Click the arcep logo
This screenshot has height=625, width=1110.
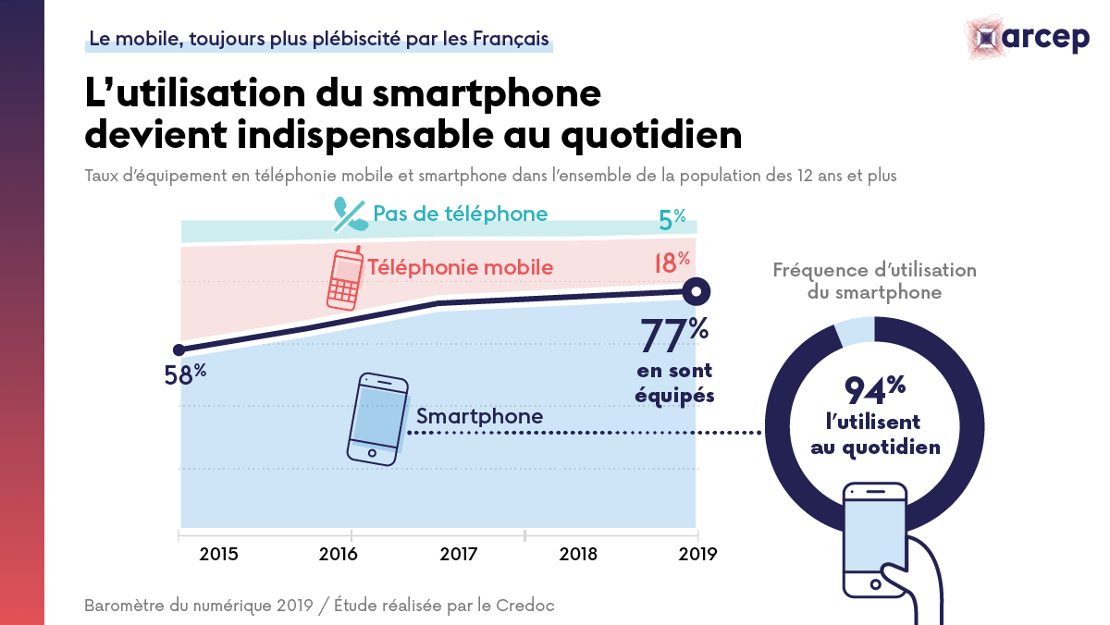(x=1027, y=37)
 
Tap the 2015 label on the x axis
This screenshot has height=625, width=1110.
(x=218, y=555)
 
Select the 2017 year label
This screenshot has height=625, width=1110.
(x=458, y=555)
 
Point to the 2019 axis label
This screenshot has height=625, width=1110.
(x=697, y=555)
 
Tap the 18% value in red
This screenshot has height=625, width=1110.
(x=672, y=262)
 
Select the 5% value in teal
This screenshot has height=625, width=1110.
(x=672, y=219)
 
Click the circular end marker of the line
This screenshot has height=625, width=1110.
(x=697, y=291)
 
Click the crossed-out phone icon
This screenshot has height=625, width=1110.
(x=350, y=214)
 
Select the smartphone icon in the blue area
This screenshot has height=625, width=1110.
(x=377, y=418)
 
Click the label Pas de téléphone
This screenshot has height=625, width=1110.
(x=460, y=214)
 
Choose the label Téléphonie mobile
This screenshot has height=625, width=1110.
(x=460, y=268)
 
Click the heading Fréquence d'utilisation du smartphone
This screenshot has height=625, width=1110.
(x=874, y=281)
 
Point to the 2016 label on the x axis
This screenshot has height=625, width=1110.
(x=339, y=555)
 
